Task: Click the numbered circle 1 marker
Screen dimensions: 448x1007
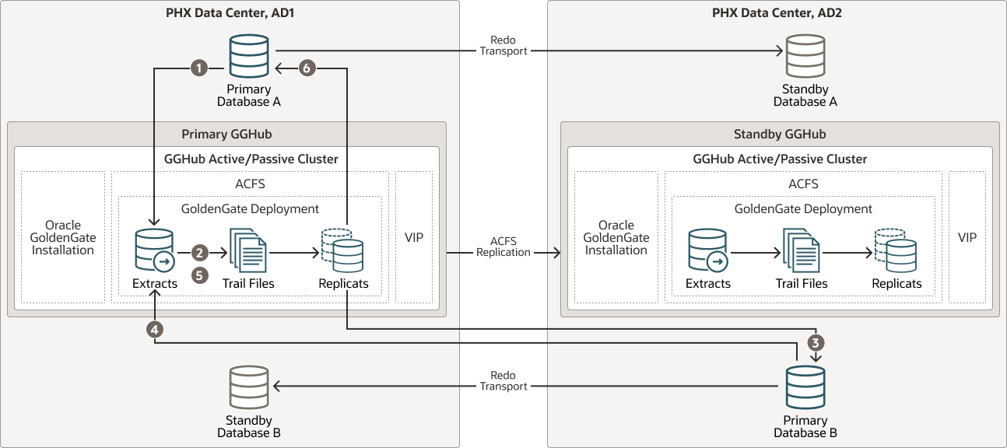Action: (x=200, y=68)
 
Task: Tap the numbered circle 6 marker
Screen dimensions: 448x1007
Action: (x=307, y=68)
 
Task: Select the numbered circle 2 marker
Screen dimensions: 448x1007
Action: (x=200, y=253)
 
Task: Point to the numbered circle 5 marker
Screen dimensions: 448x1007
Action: (x=200, y=275)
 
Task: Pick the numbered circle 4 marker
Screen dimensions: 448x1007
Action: (x=155, y=329)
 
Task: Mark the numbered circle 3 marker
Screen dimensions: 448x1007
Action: (x=815, y=341)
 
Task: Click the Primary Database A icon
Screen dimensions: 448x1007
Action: (x=248, y=55)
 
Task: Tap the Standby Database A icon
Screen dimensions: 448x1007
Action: (x=805, y=55)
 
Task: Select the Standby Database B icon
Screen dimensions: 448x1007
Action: (x=248, y=387)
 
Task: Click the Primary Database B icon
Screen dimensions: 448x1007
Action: (x=805, y=387)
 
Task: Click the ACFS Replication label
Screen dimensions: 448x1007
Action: (x=503, y=247)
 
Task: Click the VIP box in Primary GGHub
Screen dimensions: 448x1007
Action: (x=414, y=237)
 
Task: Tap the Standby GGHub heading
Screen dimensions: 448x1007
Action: (x=780, y=134)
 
